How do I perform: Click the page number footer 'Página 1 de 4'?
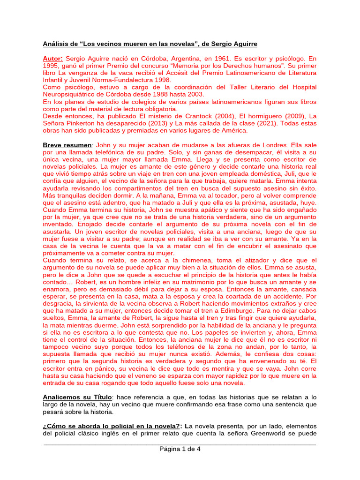click(x=180, y=449)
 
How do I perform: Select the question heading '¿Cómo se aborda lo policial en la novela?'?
click(x=112, y=426)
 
